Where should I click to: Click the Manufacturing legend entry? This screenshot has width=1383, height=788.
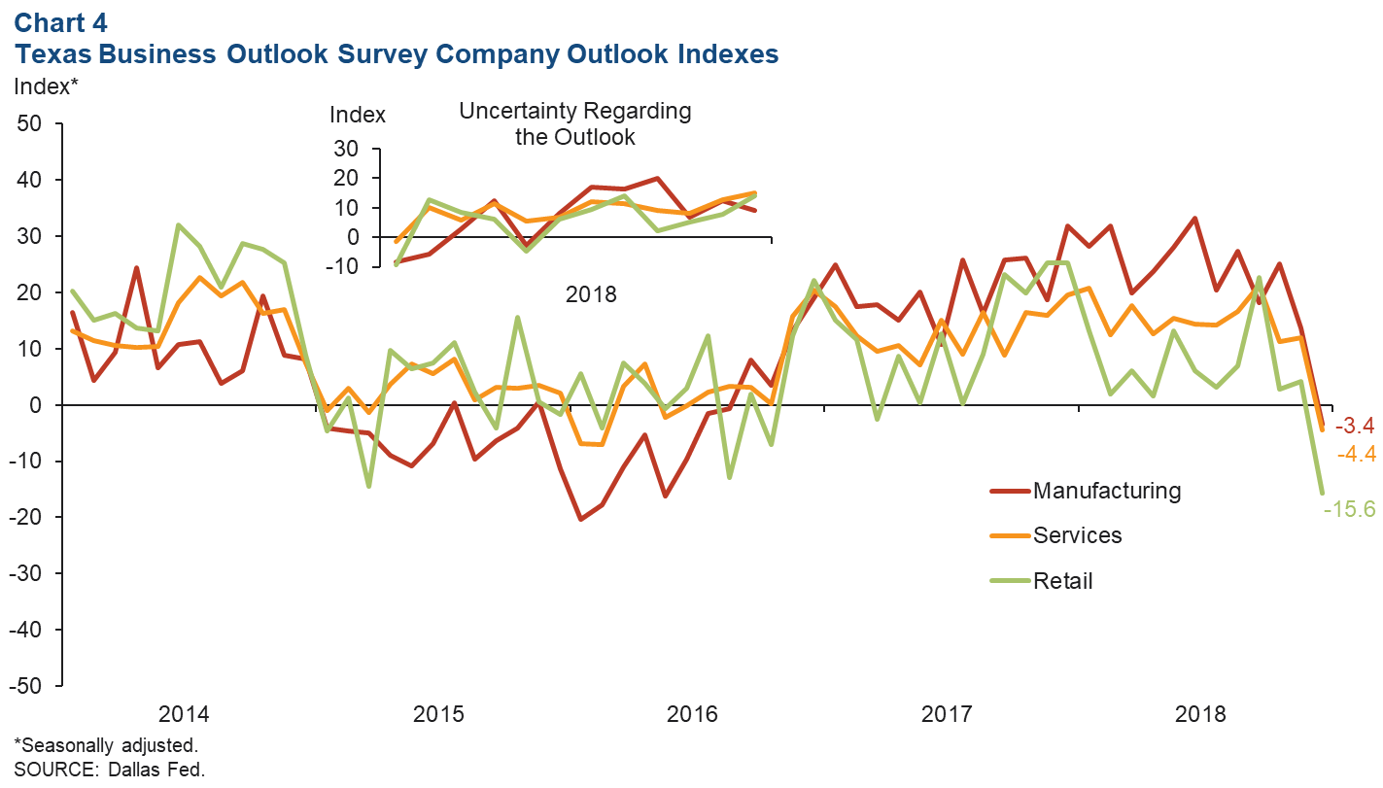(x=1106, y=491)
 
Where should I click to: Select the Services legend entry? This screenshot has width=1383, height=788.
(x=1077, y=535)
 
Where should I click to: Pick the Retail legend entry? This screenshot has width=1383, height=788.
(x=1062, y=581)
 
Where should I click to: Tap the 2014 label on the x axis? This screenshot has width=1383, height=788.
(x=184, y=715)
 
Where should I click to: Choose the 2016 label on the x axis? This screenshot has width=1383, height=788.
(x=692, y=715)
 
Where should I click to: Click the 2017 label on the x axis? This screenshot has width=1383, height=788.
(x=947, y=715)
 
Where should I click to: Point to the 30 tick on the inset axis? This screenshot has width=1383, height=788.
(x=347, y=149)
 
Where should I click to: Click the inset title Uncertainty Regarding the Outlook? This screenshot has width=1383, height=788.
(x=574, y=123)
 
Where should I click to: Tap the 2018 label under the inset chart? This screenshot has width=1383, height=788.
(x=591, y=293)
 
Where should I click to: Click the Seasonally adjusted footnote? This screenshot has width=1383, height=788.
(x=105, y=745)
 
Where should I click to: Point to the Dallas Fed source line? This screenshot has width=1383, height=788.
(x=109, y=770)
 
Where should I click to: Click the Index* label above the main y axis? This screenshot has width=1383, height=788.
(x=46, y=86)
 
